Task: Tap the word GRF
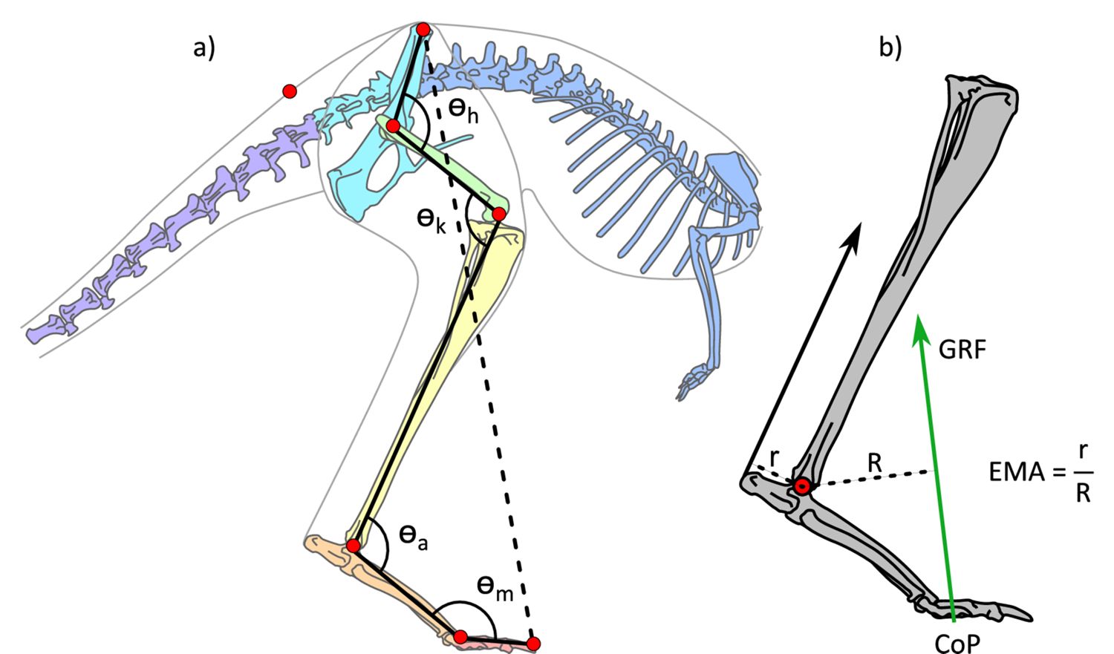(962, 350)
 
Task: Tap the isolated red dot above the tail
(290, 91)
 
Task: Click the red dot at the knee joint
(499, 215)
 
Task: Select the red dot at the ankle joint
(354, 546)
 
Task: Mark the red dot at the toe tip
(533, 643)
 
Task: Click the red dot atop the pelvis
(423, 30)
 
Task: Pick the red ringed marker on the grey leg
(801, 487)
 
